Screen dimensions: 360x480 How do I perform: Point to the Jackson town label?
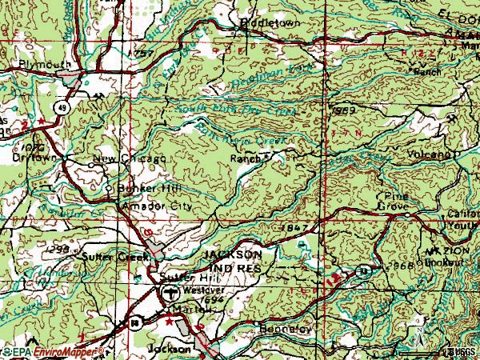(170, 350)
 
